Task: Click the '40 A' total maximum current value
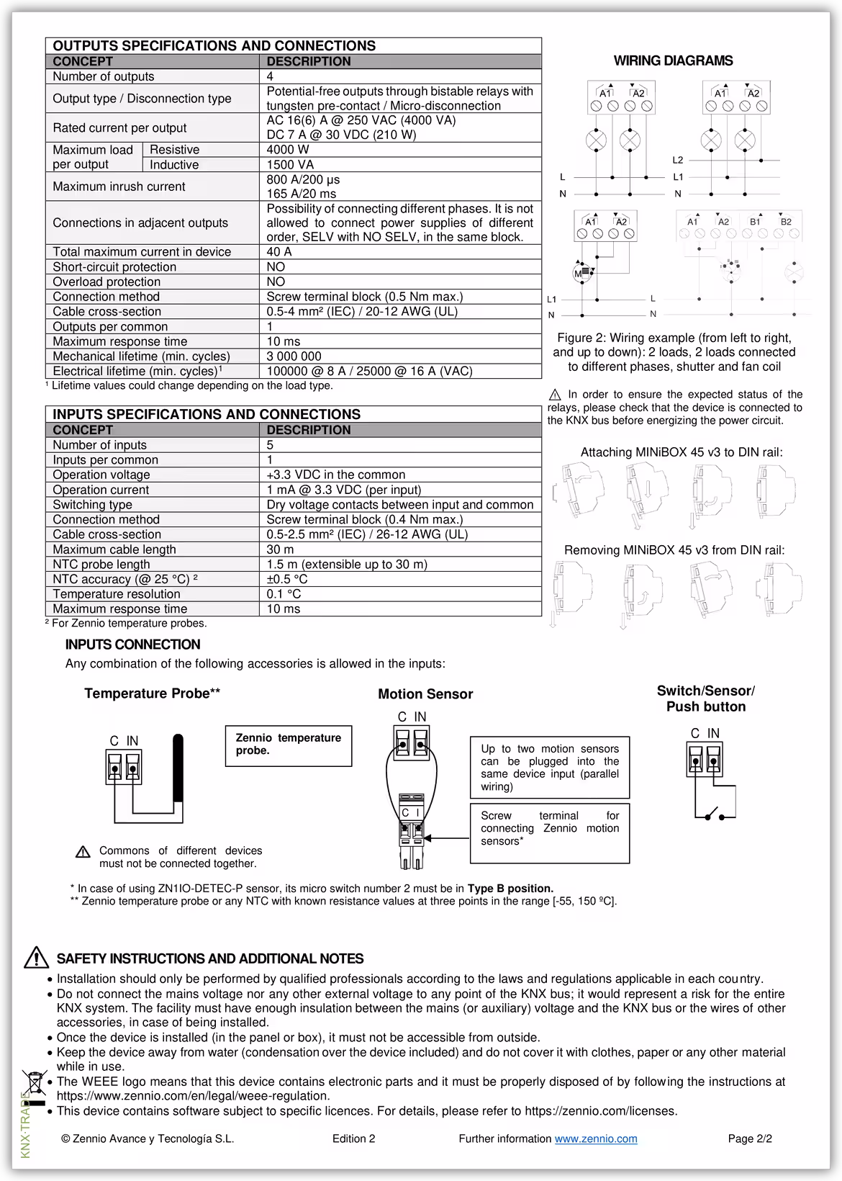[x=279, y=252]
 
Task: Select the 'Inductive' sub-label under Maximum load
[x=174, y=165]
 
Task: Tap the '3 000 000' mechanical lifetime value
[x=294, y=356]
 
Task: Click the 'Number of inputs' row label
[x=99, y=445]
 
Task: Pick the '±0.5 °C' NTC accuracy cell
[x=287, y=579]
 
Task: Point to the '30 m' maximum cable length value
[x=280, y=549]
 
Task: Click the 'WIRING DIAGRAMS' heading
[x=673, y=61]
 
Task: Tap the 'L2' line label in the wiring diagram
[x=678, y=160]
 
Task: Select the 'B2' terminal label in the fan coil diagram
[x=786, y=222]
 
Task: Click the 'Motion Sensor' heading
[x=425, y=694]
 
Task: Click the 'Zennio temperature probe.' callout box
[x=289, y=745]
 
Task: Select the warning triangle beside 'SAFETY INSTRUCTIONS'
[x=36, y=958]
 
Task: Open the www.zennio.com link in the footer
[x=595, y=1139]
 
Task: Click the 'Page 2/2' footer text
[x=750, y=1139]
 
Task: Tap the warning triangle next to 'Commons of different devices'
[x=83, y=853]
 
